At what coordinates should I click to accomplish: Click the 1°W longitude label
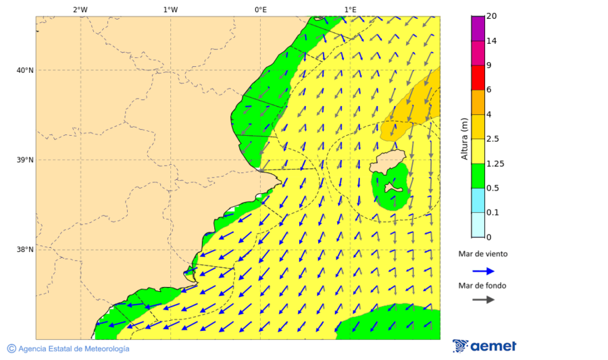click(x=170, y=9)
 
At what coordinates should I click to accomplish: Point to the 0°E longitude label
click(x=260, y=9)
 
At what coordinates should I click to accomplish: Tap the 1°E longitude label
click(x=351, y=9)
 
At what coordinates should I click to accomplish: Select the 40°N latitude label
click(x=24, y=70)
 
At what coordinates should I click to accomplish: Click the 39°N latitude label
click(x=24, y=160)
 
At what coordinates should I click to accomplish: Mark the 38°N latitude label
click(x=24, y=250)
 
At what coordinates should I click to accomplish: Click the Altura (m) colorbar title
click(x=465, y=138)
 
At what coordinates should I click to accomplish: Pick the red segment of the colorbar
click(x=478, y=77)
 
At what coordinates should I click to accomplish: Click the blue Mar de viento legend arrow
click(x=483, y=271)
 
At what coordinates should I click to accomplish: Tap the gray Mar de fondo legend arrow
click(x=483, y=299)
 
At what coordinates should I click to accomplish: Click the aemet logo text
click(x=492, y=346)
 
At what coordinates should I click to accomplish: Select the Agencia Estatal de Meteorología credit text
click(x=74, y=349)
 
